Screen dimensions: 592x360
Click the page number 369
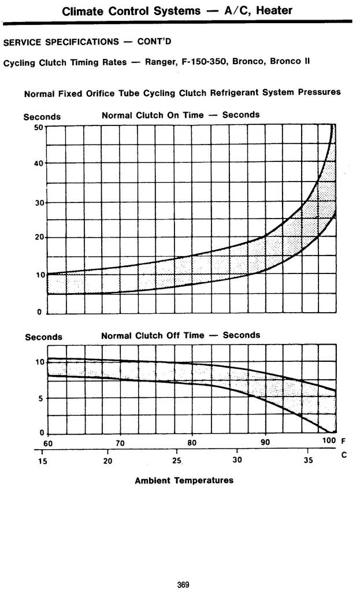[x=183, y=584]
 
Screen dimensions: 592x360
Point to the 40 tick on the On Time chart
[x=38, y=164]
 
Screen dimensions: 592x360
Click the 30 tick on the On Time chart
[x=38, y=202]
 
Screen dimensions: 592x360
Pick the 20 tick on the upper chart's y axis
[x=38, y=238]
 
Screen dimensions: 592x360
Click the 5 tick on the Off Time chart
[x=40, y=398]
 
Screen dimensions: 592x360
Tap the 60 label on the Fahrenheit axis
[x=47, y=443]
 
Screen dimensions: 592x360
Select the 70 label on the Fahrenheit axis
[x=120, y=443]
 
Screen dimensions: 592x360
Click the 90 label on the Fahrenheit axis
[x=265, y=443]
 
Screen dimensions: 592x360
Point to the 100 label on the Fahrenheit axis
[x=329, y=442]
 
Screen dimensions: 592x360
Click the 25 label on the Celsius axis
[x=177, y=461]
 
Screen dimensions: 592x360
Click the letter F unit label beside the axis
[x=344, y=442]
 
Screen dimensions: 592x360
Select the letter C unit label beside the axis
[x=344, y=455]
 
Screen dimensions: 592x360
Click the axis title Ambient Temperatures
[x=184, y=480]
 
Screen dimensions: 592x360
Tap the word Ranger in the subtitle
[x=160, y=61]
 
